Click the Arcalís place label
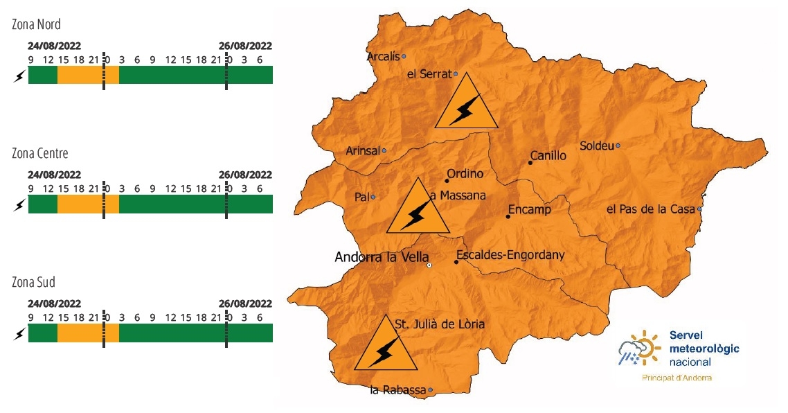coord(383,57)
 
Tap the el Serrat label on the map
coord(429,74)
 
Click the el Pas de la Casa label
coord(651,209)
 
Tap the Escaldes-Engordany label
coord(510,255)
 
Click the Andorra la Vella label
coord(382,257)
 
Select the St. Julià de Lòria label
coord(439,324)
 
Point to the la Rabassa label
coord(397,391)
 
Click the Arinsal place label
coord(362,151)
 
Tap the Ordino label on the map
coord(465,174)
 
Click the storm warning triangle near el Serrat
coord(466,105)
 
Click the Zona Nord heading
coord(36,24)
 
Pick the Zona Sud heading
coord(33,283)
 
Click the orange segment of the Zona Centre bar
coord(87,204)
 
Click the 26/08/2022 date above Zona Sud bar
coord(245,304)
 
